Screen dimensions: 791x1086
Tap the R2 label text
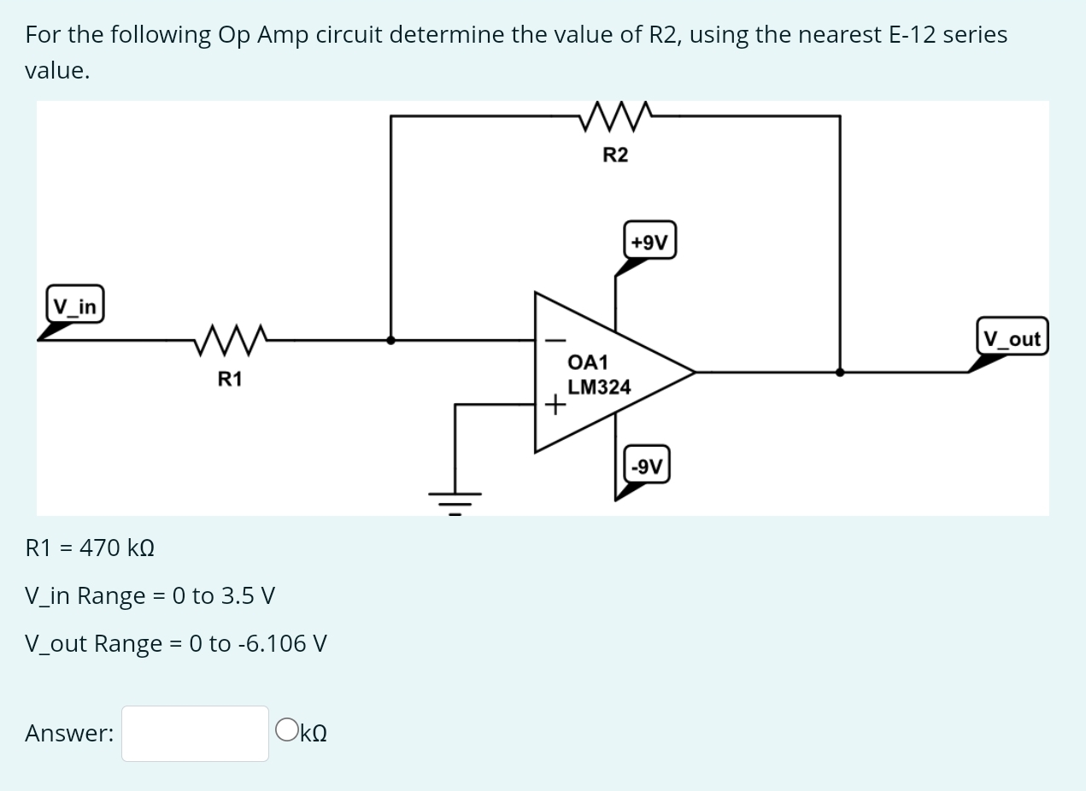pyautogui.click(x=615, y=155)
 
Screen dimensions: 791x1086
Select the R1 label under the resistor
pyautogui.click(x=229, y=378)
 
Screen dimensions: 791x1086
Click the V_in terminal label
pyautogui.click(x=75, y=304)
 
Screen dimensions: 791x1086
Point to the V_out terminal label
pyautogui.click(x=1012, y=338)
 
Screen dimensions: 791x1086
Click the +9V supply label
pyautogui.click(x=649, y=243)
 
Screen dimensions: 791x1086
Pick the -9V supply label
pyautogui.click(x=646, y=466)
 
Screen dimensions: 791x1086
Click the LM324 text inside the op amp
pyautogui.click(x=599, y=387)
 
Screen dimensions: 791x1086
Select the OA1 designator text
pyautogui.click(x=588, y=362)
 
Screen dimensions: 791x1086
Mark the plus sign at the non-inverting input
pyautogui.click(x=556, y=405)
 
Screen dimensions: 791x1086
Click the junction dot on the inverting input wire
pyautogui.click(x=390, y=339)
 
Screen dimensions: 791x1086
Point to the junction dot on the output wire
pyautogui.click(x=840, y=372)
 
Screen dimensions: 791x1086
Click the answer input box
pyautogui.click(x=195, y=733)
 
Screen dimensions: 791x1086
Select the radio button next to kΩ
pyautogui.click(x=287, y=731)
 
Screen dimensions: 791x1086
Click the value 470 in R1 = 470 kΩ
pyautogui.click(x=100, y=548)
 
